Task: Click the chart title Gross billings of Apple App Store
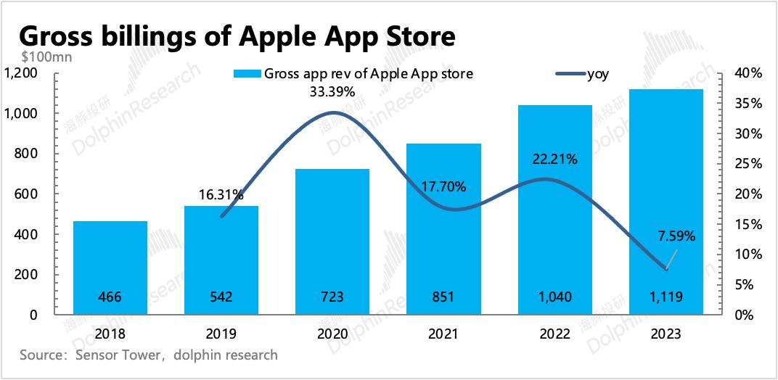[x=237, y=36]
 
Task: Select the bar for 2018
[x=110, y=268]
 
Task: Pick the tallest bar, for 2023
[x=666, y=202]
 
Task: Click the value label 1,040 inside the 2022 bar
[x=554, y=297]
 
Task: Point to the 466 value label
[x=110, y=297]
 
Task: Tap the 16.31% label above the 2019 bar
[x=221, y=194]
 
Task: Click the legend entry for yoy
[x=581, y=74]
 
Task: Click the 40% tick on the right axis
[x=748, y=73]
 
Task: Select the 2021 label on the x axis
[x=443, y=334]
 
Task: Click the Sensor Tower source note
[x=149, y=355]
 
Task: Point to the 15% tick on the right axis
[x=748, y=224]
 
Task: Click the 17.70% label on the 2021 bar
[x=443, y=186]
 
